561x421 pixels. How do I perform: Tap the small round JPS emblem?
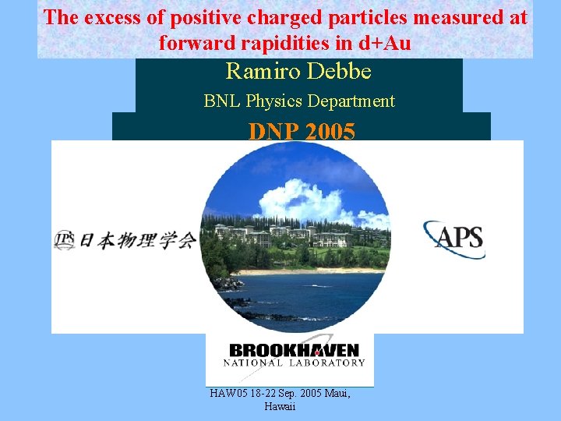(64, 240)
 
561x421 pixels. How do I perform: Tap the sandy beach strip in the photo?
(312, 271)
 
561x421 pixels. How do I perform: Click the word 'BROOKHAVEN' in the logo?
(294, 351)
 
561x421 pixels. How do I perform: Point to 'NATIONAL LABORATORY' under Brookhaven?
(294, 363)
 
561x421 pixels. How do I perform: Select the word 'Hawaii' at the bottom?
(280, 407)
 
